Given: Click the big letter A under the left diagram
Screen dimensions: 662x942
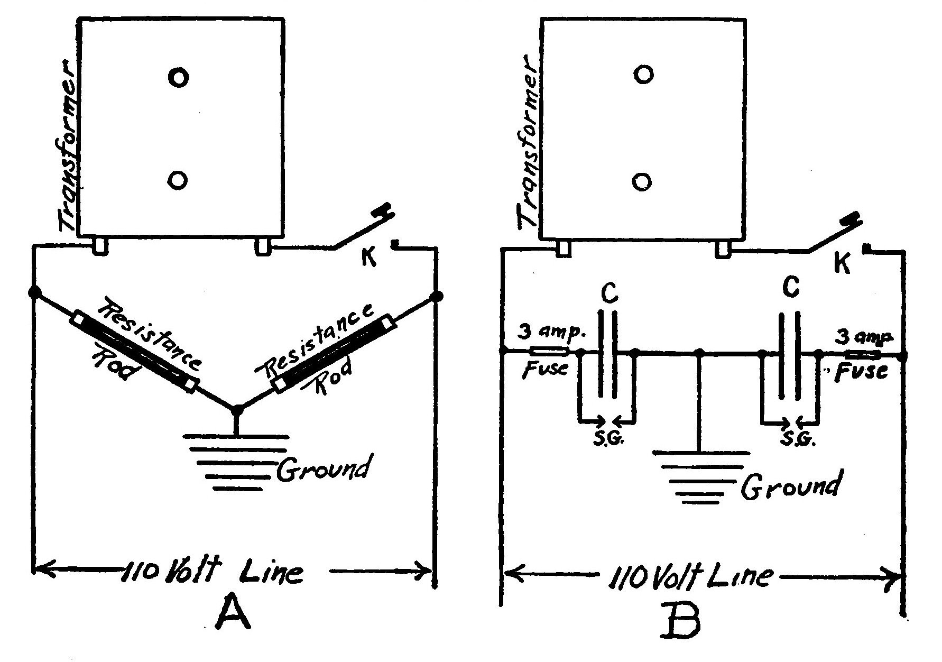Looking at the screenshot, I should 231,612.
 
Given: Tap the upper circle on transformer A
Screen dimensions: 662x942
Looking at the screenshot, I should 178,78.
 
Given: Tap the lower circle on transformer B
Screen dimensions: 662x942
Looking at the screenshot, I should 642,182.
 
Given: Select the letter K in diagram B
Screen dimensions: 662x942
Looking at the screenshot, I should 842,263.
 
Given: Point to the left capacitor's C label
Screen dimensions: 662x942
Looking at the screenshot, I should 609,295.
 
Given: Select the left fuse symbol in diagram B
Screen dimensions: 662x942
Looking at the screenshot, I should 549,351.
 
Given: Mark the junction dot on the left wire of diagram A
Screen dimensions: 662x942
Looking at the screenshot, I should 35,292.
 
